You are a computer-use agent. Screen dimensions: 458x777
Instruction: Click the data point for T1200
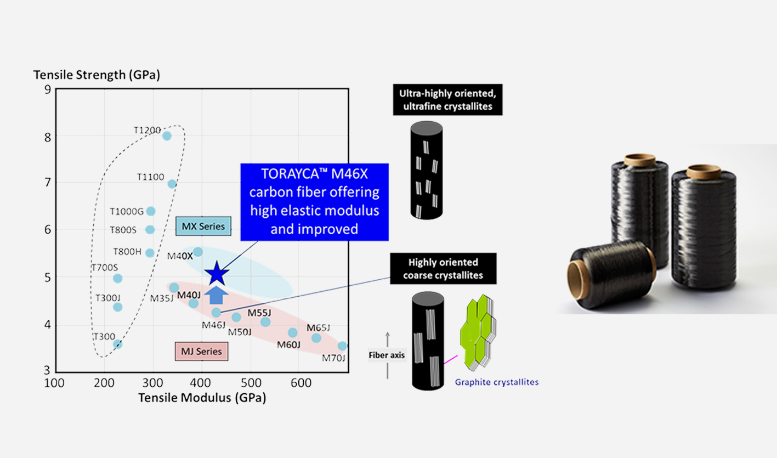pos(167,135)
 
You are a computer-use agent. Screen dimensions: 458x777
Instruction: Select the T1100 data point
pos(172,184)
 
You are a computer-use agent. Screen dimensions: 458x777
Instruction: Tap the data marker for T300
pos(117,344)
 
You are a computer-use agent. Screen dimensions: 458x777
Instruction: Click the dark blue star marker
pos(217,273)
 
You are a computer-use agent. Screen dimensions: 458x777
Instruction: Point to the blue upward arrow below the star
pos(217,295)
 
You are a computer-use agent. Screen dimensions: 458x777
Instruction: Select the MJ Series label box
pos(201,351)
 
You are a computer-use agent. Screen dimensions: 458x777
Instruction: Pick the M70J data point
pos(342,346)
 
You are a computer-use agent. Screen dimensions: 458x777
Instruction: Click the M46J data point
pos(216,312)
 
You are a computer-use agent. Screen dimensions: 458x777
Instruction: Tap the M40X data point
pos(198,252)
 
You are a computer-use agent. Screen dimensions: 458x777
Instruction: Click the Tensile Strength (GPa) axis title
pos(97,75)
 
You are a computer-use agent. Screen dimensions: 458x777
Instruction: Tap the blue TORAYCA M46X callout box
pos(314,202)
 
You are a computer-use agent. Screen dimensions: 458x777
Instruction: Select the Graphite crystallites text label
pos(496,382)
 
